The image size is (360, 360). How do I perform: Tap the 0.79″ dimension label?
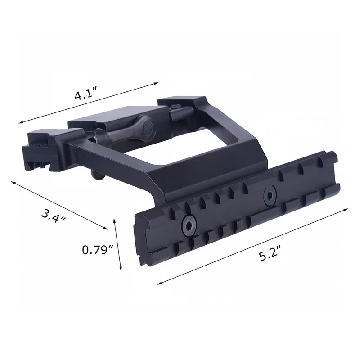(x=98, y=250)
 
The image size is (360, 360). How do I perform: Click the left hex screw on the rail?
(x=189, y=225)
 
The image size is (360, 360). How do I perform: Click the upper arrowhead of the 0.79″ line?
(x=115, y=220)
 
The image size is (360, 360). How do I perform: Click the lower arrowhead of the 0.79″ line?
(x=120, y=269)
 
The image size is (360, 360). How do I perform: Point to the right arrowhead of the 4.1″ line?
(x=156, y=83)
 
